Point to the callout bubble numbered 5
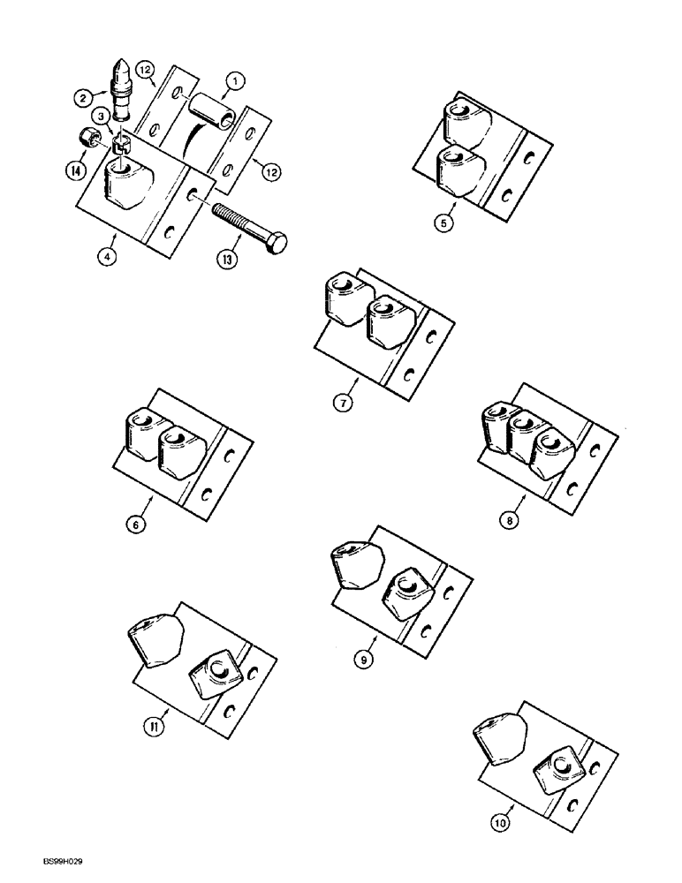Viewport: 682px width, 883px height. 447,223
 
